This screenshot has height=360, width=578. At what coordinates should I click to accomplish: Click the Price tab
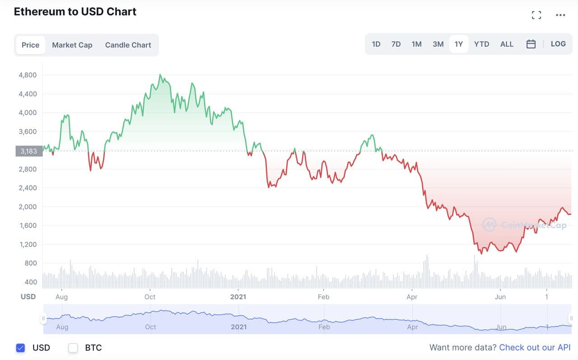tap(30, 45)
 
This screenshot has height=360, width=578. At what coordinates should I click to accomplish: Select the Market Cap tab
tap(72, 45)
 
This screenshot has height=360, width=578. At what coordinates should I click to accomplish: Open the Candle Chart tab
tap(128, 45)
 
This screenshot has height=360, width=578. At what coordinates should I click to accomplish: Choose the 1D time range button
tap(376, 44)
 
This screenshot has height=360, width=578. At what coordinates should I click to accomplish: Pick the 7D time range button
tap(396, 44)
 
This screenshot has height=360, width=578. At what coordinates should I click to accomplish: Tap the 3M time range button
tap(438, 44)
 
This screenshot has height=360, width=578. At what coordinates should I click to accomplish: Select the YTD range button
tap(481, 44)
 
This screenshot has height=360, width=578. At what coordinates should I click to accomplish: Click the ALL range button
tap(507, 44)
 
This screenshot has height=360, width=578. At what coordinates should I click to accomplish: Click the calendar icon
tap(531, 44)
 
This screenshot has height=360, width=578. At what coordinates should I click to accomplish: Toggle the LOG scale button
tap(558, 44)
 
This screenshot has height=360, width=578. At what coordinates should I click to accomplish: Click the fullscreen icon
tap(536, 15)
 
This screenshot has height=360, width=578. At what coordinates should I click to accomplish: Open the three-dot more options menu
tap(560, 15)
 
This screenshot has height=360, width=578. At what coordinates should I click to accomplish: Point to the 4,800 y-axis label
tap(28, 75)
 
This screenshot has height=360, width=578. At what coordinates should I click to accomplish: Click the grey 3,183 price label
tap(28, 151)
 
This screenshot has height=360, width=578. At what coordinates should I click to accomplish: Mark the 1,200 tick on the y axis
tap(28, 244)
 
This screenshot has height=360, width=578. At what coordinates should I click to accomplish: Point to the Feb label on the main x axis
tap(323, 297)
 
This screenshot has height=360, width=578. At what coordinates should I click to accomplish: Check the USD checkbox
tap(20, 348)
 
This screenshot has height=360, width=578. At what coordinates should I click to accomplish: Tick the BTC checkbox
tap(73, 348)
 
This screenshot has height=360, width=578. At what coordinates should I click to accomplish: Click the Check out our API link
tap(535, 347)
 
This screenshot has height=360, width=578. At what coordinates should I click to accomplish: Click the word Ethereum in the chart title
tap(39, 12)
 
